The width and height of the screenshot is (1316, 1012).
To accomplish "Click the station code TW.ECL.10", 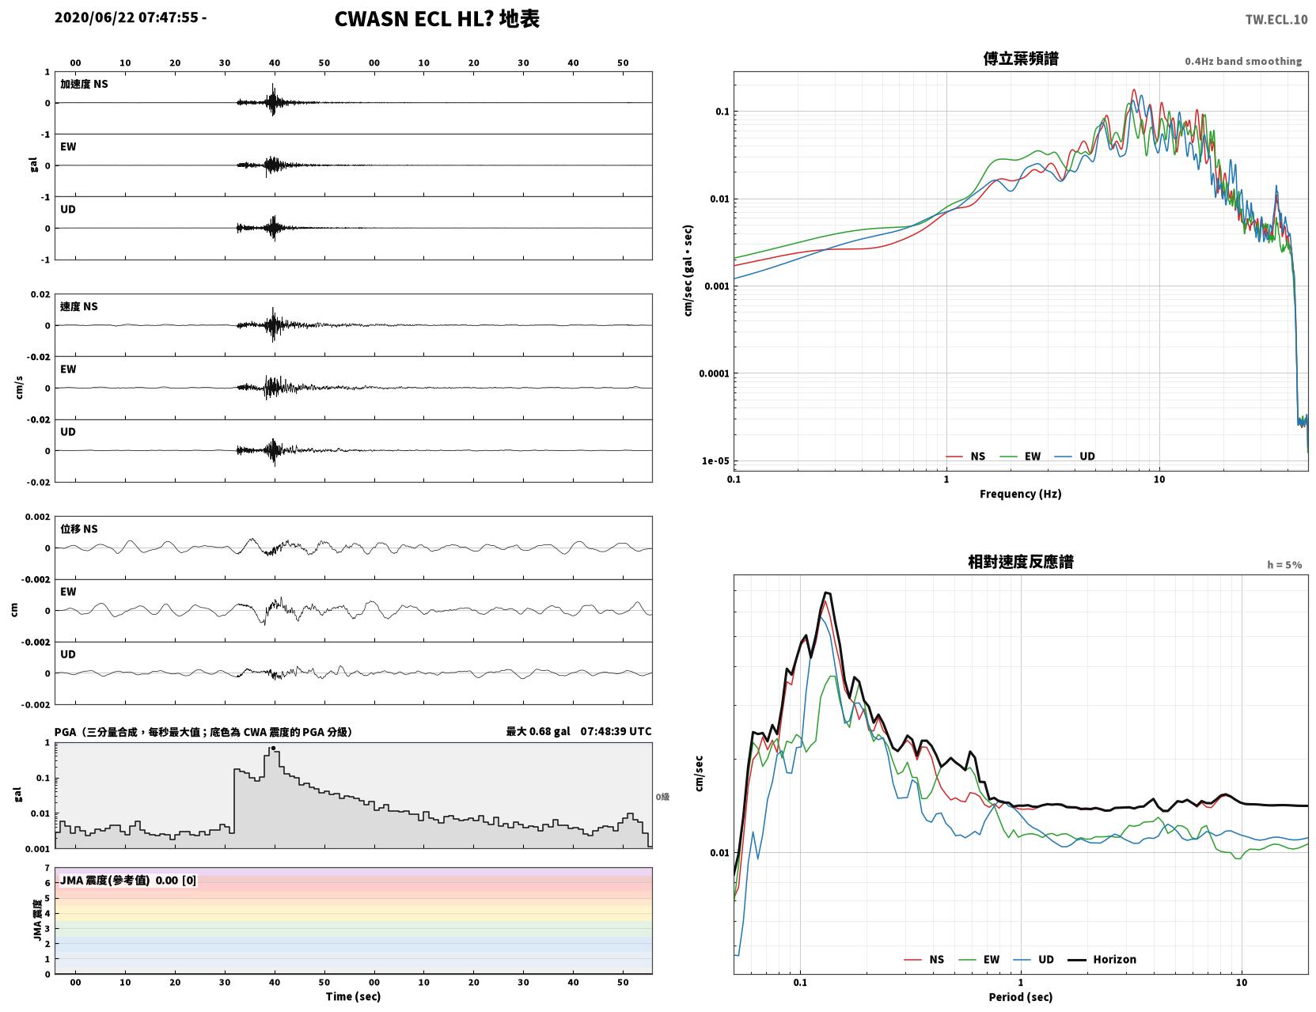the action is pos(1276,19).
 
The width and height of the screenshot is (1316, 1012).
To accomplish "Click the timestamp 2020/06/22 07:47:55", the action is pos(127,17).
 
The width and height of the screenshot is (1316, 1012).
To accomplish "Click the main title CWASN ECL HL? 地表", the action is pos(437,19).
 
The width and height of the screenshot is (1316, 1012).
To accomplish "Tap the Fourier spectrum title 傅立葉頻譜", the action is pos(1021,59).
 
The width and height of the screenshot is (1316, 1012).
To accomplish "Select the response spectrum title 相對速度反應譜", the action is pos(1021,562).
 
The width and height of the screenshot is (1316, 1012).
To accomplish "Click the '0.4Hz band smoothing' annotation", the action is pos(1242,61).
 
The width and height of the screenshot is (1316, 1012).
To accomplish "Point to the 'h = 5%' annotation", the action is pos(1284,565).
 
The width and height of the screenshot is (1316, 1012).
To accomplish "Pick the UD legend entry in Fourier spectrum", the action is pos(1075,457).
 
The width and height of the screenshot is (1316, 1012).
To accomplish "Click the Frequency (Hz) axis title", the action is pos(1021,494).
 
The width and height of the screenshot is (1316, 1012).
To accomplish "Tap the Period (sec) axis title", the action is pos(1021,997).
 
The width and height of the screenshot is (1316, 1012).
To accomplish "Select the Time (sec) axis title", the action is pos(353,996).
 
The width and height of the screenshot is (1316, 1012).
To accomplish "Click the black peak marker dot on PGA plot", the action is pos(273,749).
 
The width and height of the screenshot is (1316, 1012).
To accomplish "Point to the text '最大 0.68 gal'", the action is pos(538,731).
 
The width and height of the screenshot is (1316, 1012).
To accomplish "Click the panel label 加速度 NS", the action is pos(84,84).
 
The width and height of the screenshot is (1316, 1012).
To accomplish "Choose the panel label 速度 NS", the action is pos(78,306).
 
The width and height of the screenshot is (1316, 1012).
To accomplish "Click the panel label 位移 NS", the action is pos(78,529).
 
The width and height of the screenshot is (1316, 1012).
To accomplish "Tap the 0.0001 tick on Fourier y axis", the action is pos(714,373).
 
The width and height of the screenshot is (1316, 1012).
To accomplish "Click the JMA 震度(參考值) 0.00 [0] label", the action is pos(128,880).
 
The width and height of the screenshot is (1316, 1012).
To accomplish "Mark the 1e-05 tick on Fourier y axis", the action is pos(715,461).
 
